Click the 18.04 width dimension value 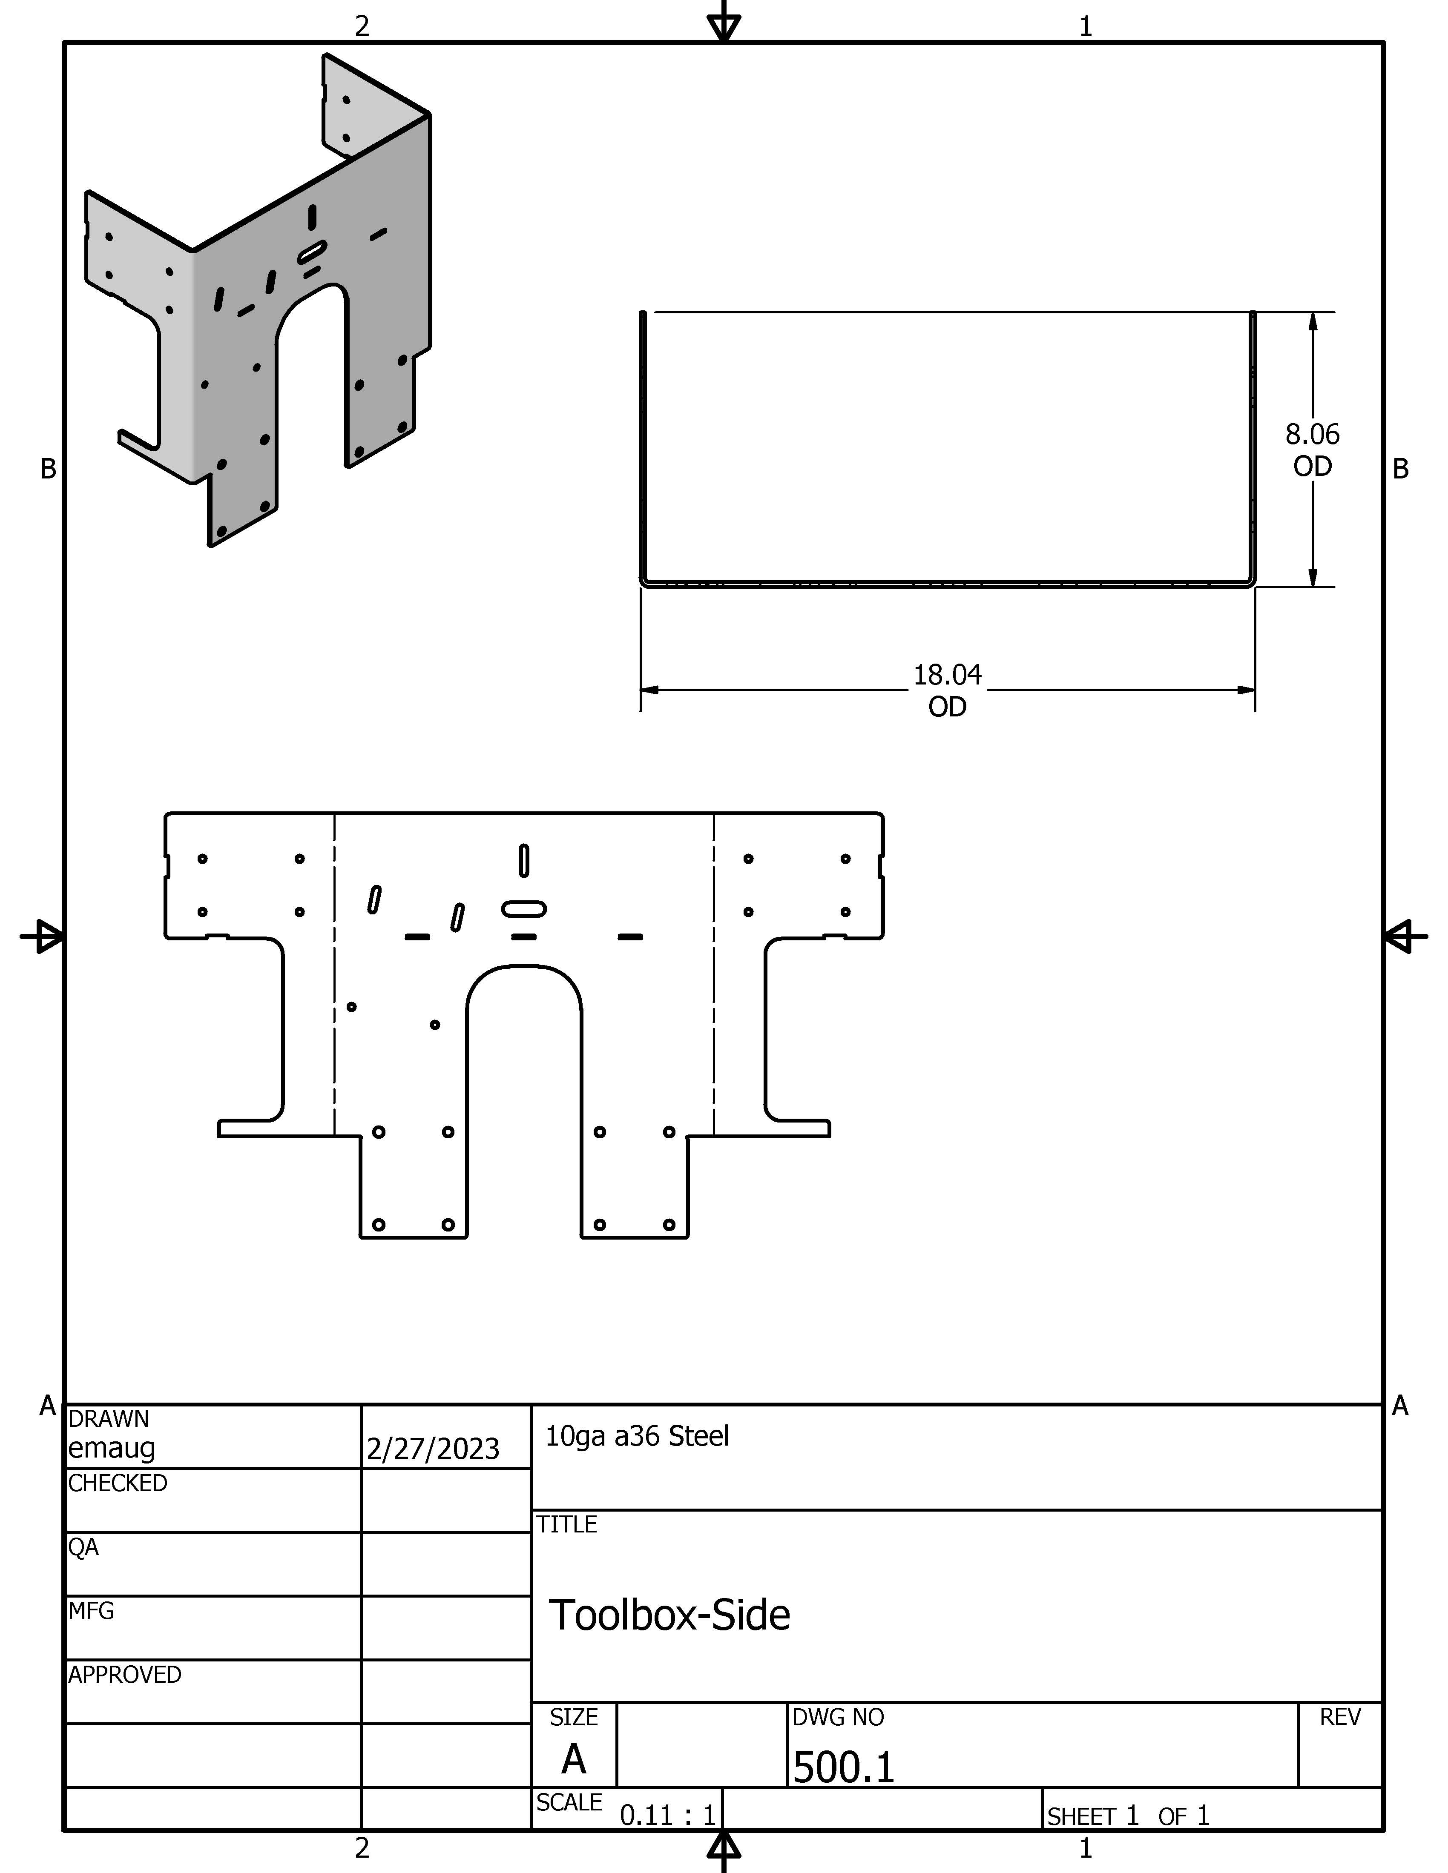947,675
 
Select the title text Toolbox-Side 669,1615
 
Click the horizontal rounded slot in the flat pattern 523,908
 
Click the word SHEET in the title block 1081,1816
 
